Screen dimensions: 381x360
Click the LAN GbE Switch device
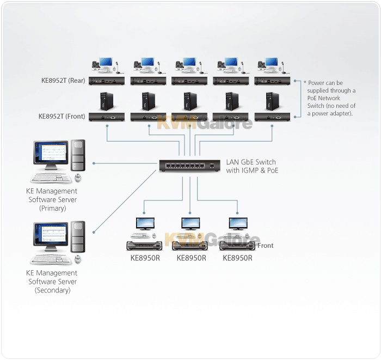(190, 166)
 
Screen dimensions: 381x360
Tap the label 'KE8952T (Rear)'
(63, 81)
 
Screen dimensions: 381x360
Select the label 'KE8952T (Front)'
(62, 116)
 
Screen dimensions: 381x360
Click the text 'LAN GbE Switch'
(251, 162)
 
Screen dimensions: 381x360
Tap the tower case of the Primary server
(78, 155)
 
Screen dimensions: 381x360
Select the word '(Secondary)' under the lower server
(52, 290)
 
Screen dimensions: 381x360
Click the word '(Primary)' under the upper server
(52, 208)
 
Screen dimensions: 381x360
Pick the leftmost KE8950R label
(145, 258)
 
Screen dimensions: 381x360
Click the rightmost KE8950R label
(237, 258)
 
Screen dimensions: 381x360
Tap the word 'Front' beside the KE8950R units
(266, 246)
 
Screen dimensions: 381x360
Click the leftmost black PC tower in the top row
(107, 101)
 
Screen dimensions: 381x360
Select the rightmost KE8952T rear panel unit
(272, 81)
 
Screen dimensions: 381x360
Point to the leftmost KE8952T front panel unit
(107, 117)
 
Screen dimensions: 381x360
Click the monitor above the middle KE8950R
(190, 224)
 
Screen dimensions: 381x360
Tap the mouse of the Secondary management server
(78, 260)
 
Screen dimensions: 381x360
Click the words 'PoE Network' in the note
(324, 98)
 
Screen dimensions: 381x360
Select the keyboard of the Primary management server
(51, 179)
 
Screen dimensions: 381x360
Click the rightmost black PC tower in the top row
(272, 101)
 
